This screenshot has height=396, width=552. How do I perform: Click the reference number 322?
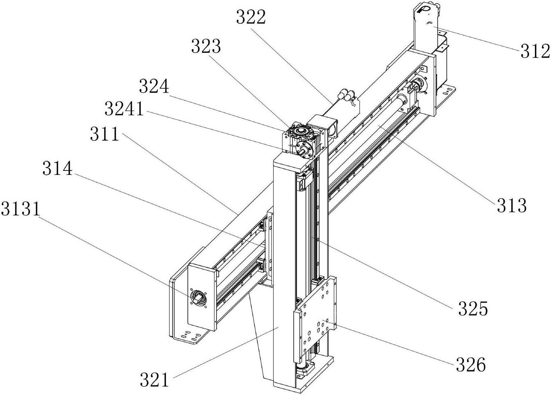[x=251, y=17]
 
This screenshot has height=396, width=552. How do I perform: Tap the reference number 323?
[x=206, y=47]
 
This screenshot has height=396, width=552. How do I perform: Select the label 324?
[x=154, y=87]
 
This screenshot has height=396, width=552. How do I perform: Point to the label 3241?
[x=124, y=109]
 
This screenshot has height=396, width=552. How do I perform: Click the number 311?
[x=105, y=134]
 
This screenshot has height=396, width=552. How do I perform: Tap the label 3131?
[x=20, y=209]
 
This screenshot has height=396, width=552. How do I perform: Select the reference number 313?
[x=512, y=206]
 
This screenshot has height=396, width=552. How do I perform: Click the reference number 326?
[x=471, y=365]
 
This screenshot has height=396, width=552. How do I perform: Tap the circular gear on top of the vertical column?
[x=301, y=130]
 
